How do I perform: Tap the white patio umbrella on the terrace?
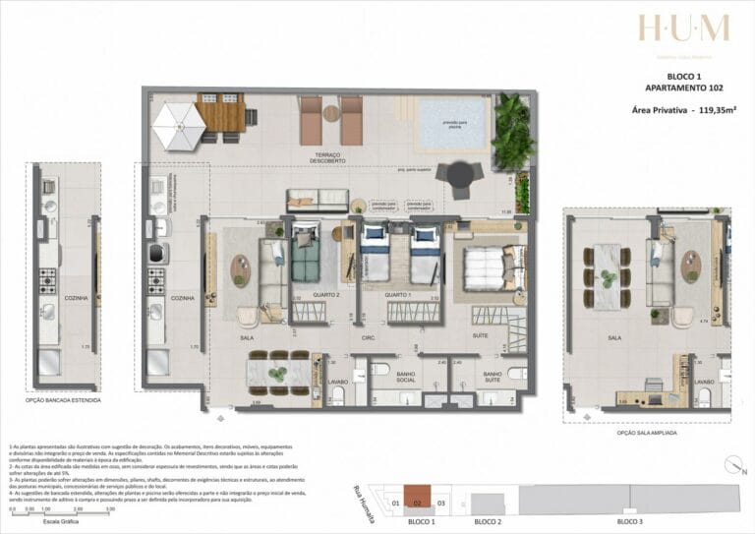[x=179, y=126]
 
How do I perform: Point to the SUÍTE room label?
[x=480, y=335]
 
